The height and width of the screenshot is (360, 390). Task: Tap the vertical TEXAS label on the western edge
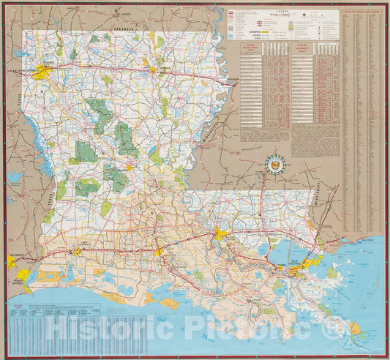(14, 110)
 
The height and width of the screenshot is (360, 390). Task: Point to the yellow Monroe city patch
(154, 70)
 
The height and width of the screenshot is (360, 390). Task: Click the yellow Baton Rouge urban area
(220, 234)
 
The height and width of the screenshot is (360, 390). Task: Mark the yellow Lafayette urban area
(157, 252)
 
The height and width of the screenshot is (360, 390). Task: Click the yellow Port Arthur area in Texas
(23, 276)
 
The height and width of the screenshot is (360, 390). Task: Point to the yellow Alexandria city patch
(130, 168)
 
